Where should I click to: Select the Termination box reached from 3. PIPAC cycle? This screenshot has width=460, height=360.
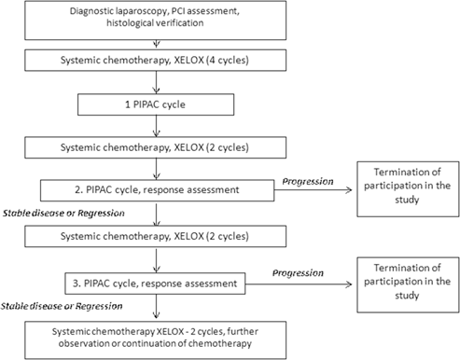point(402,279)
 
